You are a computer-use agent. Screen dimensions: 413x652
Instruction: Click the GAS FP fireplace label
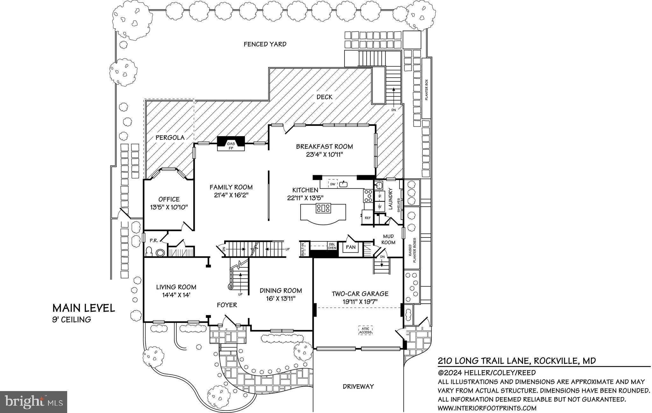[x=231, y=146]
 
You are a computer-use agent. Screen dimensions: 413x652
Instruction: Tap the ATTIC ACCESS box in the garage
[x=365, y=330]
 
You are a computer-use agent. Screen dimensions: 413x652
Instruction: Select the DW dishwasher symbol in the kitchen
[x=333, y=184]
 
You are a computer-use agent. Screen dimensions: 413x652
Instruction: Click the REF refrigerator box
[x=368, y=218]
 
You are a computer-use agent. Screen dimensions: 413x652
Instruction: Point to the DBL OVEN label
[x=332, y=246]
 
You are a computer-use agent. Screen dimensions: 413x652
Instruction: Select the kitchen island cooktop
[x=323, y=208]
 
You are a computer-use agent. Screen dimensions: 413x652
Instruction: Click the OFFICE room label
[x=169, y=199]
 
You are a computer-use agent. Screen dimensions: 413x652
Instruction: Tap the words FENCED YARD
[x=265, y=44]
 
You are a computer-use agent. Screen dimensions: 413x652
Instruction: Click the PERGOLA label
[x=170, y=137]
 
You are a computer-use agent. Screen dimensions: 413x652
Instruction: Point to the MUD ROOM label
[x=388, y=239]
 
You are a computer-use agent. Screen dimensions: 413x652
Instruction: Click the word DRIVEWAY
[x=358, y=387]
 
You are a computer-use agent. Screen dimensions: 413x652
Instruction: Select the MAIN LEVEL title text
[x=83, y=308]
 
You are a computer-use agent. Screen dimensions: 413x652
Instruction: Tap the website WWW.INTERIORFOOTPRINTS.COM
[x=487, y=408]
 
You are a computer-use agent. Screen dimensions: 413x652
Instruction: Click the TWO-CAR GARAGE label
[x=360, y=294]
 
